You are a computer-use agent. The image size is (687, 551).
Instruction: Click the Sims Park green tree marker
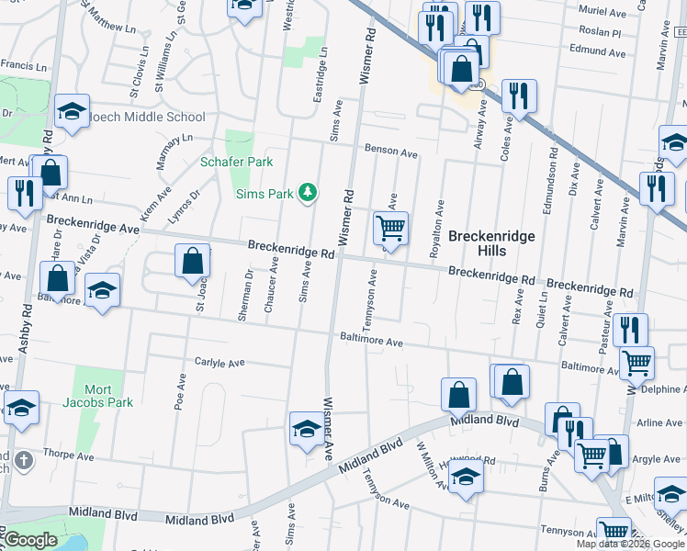click(x=310, y=191)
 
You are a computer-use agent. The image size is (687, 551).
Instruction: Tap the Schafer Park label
click(x=237, y=162)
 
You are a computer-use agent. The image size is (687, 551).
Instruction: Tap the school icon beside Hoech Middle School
click(x=72, y=111)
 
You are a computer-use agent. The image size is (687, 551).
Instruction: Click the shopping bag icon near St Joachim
click(x=193, y=261)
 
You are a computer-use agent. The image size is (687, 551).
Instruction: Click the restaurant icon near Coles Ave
click(x=519, y=96)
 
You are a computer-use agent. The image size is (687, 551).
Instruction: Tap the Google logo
click(x=29, y=540)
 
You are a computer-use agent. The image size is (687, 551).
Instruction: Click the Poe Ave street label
click(x=181, y=393)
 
